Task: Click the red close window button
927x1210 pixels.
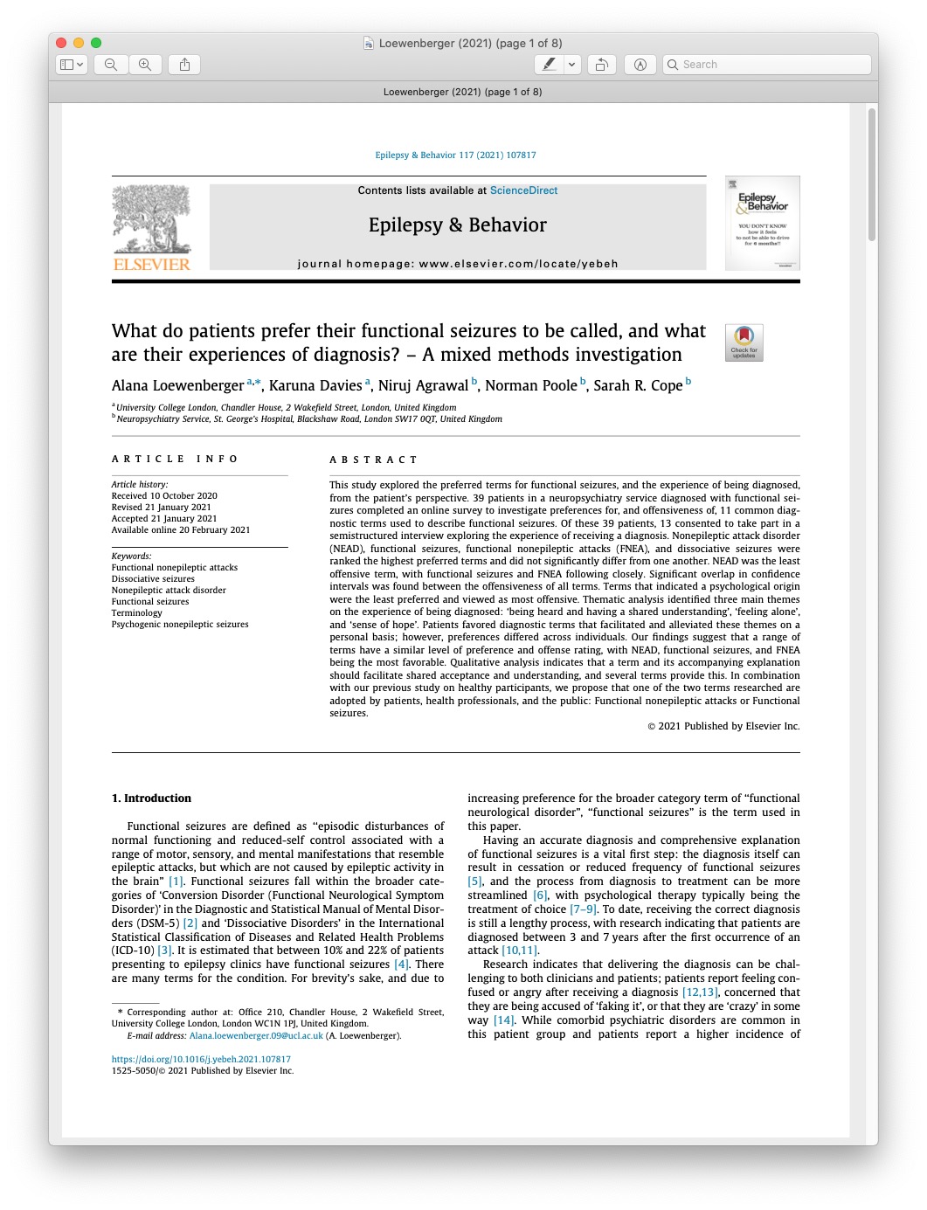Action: click(61, 43)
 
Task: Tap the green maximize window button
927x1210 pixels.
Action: click(96, 43)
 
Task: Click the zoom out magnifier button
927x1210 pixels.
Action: click(111, 65)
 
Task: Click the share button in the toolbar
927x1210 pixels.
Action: click(184, 65)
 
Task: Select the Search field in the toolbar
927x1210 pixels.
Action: click(767, 65)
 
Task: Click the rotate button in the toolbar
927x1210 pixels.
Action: click(601, 65)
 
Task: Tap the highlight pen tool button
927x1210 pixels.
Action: click(549, 65)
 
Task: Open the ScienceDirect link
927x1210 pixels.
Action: click(523, 190)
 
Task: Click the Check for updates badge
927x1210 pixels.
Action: click(744, 342)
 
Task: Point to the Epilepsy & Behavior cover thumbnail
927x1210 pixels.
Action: click(762, 224)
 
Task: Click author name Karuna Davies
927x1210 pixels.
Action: click(315, 385)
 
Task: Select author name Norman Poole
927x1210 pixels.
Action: click(530, 385)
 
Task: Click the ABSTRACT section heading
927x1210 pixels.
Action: click(373, 460)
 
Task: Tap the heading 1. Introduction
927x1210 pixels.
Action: click(151, 799)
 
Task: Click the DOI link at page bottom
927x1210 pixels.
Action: click(201, 1059)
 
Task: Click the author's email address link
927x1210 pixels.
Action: click(256, 1036)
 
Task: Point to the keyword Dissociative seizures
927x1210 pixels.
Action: click(153, 579)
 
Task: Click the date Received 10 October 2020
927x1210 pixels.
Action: click(164, 496)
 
